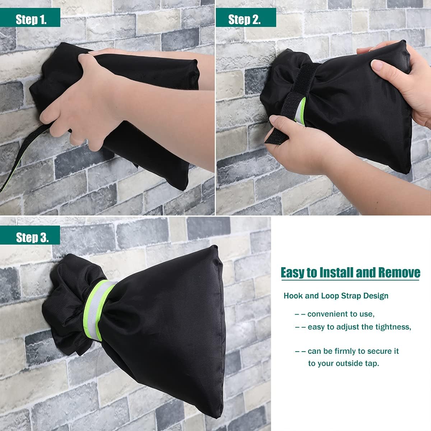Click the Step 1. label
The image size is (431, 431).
(31, 19)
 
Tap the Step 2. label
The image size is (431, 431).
(244, 19)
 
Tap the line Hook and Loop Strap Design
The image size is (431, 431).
(336, 296)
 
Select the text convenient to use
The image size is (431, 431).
(340, 314)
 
